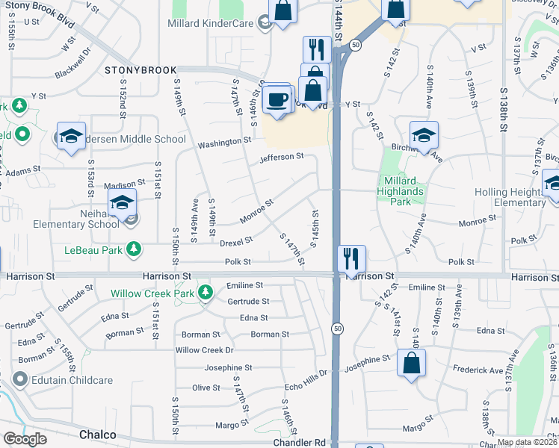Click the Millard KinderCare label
[x=213, y=24]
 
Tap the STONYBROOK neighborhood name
[x=138, y=69]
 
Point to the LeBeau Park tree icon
[x=133, y=249]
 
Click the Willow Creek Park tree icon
[x=203, y=293]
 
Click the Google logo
[x=25, y=439]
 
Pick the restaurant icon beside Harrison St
[x=351, y=258]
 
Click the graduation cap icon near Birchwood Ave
[x=424, y=134]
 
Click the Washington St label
[x=224, y=141]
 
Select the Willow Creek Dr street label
[x=204, y=350]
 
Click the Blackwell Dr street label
[x=72, y=65]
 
